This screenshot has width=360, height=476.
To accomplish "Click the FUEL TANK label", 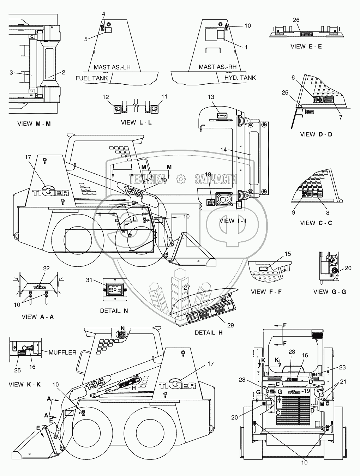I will pyautogui.click(x=92, y=78).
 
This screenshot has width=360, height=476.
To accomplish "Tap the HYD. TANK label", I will pyautogui.click(x=240, y=78).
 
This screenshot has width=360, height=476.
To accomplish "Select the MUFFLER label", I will pyautogui.click(x=62, y=352).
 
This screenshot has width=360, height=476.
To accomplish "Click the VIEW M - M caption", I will pyautogui.click(x=34, y=123).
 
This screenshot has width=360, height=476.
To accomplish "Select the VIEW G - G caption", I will pyautogui.click(x=330, y=291).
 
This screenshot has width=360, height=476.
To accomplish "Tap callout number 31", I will pyautogui.click(x=89, y=280).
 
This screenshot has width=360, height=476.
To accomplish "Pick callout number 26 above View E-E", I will pyautogui.click(x=296, y=20).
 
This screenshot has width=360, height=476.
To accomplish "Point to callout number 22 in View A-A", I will pyautogui.click(x=46, y=269).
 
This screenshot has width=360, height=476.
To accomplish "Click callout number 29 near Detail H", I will pyautogui.click(x=230, y=325).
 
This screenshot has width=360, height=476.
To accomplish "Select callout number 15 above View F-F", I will pyautogui.click(x=288, y=254).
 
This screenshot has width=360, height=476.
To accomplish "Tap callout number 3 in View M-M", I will pyautogui.click(x=11, y=73).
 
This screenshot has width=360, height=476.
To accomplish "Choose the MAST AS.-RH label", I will pyautogui.click(x=214, y=67).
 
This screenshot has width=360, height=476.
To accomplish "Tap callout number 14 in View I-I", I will pyautogui.click(x=223, y=150).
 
